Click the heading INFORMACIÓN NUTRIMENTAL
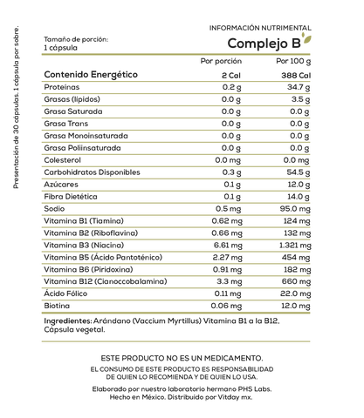260,28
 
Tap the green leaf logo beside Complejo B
307,39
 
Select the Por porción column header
221,61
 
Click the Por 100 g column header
293,61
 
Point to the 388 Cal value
296,76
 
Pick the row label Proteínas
62,87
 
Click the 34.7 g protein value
299,87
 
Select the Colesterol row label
62,160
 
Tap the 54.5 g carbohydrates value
299,172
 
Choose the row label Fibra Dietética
71,197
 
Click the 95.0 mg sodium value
295,209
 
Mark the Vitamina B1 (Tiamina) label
84,221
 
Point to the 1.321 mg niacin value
295,246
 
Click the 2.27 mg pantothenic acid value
227,258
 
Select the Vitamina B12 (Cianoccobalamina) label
106,281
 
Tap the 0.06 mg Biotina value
226,306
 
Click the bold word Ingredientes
68,321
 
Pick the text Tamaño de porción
76,39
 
